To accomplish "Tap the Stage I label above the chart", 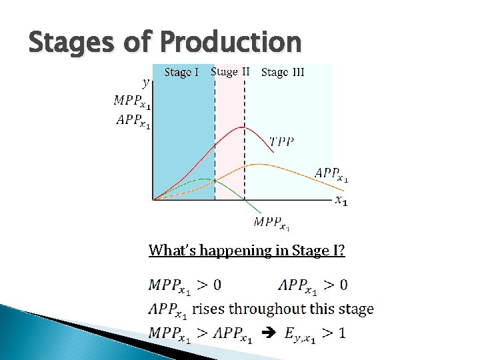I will [181, 72].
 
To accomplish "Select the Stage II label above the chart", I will [230, 71].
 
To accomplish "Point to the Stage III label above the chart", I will [283, 72].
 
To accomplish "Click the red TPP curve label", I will [282, 141].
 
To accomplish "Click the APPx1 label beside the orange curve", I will [331, 174].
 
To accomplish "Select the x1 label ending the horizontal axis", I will [340, 200].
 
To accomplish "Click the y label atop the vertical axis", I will [146, 83].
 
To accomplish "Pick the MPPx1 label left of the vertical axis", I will [132, 101].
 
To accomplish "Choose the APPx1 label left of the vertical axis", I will [133, 121].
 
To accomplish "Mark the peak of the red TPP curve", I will [244, 127].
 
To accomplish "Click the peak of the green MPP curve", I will [203, 179].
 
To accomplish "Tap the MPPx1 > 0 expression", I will [185, 285].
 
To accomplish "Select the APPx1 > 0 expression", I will [312, 285].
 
